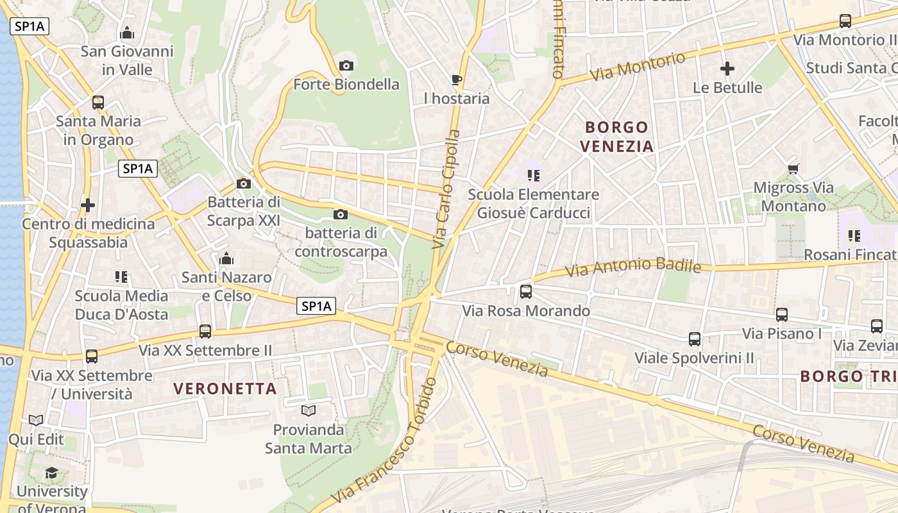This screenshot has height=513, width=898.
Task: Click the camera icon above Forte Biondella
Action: [x=346, y=65]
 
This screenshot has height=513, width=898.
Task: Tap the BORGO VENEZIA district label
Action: [x=616, y=137]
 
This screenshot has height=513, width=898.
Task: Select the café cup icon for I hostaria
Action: [x=457, y=80]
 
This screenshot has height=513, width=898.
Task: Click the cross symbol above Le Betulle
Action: [x=727, y=69]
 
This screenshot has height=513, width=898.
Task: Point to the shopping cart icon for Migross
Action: [x=793, y=169]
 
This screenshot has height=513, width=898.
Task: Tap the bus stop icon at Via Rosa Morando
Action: [x=526, y=292]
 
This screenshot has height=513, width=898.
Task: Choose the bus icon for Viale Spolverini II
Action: [x=695, y=339]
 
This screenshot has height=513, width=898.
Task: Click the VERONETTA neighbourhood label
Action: [x=225, y=389]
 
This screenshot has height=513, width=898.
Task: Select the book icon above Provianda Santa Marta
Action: [x=309, y=410]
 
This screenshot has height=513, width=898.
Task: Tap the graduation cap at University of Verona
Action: [x=51, y=473]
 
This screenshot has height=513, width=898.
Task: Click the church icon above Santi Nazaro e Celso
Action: [x=226, y=259]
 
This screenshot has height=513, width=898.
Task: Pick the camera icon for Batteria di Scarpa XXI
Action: [x=244, y=184]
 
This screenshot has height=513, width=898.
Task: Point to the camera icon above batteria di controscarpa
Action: [x=341, y=214]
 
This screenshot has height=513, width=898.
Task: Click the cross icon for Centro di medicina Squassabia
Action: [x=88, y=205]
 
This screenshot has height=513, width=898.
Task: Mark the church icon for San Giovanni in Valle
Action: [x=127, y=33]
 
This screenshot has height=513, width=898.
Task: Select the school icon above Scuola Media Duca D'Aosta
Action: [x=121, y=277]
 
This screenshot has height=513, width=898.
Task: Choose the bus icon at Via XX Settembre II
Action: [x=205, y=332]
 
